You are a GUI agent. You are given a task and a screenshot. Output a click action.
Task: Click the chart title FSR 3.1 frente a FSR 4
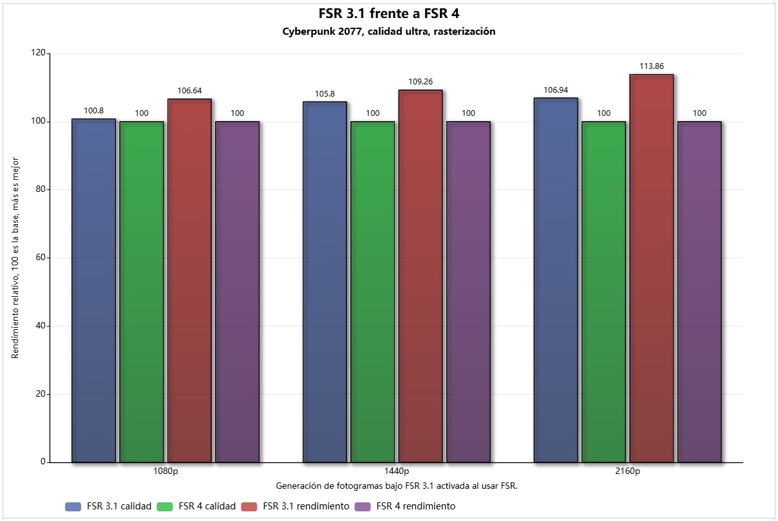point(388,14)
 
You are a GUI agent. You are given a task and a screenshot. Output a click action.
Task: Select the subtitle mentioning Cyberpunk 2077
point(388,32)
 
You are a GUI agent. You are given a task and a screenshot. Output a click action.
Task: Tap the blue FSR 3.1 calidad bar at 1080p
point(94,290)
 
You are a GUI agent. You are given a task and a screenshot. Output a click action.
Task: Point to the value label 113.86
point(652,66)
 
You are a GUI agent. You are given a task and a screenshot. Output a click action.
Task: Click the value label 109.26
point(421,82)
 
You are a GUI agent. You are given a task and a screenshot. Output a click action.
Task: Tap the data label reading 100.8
point(94,111)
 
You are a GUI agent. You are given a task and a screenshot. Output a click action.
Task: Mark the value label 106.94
point(556,90)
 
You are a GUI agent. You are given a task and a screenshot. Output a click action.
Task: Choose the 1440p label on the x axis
point(397,471)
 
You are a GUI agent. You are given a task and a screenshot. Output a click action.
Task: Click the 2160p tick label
point(627,471)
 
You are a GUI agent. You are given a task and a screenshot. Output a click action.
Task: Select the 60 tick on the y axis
point(41,258)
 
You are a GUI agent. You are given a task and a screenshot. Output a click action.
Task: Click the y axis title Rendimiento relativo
point(15,258)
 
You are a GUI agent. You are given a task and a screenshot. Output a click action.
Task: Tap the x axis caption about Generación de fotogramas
point(397,486)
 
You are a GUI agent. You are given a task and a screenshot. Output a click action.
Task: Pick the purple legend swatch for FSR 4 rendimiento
point(363,507)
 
